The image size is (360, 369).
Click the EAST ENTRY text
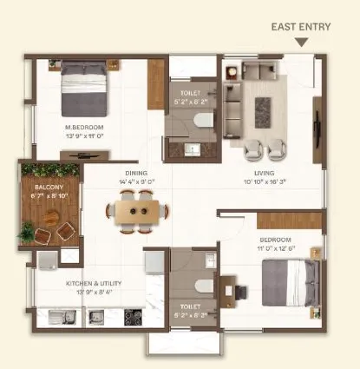point(302,27)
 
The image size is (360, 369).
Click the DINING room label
point(136,173)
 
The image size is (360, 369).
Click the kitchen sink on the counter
point(63,318)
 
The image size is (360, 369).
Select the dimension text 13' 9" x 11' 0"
point(84,135)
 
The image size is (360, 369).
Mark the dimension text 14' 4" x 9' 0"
point(136,181)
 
